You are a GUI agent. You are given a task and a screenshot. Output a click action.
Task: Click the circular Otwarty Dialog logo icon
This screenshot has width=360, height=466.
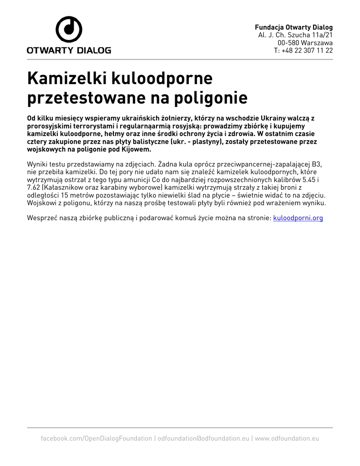pyautogui.click(x=69, y=30)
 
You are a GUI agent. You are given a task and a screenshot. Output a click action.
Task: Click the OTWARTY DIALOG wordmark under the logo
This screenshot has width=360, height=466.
pyautogui.click(x=69, y=51)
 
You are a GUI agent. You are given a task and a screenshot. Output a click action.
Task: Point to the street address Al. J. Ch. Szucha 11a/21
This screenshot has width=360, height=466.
pyautogui.click(x=295, y=35)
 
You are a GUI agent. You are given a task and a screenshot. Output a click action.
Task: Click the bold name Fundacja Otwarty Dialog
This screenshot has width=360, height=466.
pyautogui.click(x=294, y=27)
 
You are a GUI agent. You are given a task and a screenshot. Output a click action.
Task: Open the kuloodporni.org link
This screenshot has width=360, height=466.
pyautogui.click(x=298, y=218)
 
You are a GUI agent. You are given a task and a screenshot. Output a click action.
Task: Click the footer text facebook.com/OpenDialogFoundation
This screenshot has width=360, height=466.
pyautogui.click(x=96, y=438)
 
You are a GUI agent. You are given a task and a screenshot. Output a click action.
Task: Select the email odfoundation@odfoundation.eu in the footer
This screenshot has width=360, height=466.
pyautogui.click(x=203, y=438)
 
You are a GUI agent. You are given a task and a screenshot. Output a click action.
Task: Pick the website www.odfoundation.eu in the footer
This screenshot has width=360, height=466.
pyautogui.click(x=287, y=438)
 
